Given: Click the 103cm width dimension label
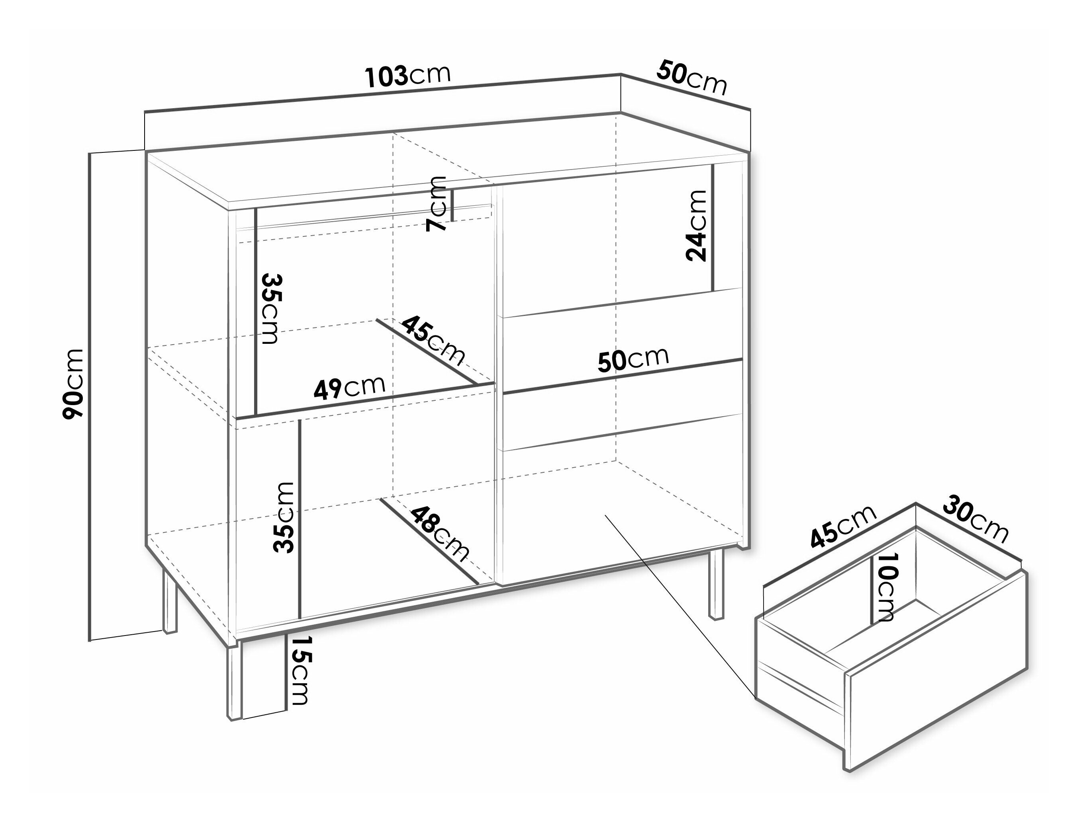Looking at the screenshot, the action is click(407, 76).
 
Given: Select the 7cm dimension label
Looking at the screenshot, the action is click(437, 203).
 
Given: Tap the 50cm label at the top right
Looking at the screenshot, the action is click(691, 78).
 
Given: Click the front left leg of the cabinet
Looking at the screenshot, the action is click(234, 680).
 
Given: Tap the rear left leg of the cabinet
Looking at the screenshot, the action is click(170, 601).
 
